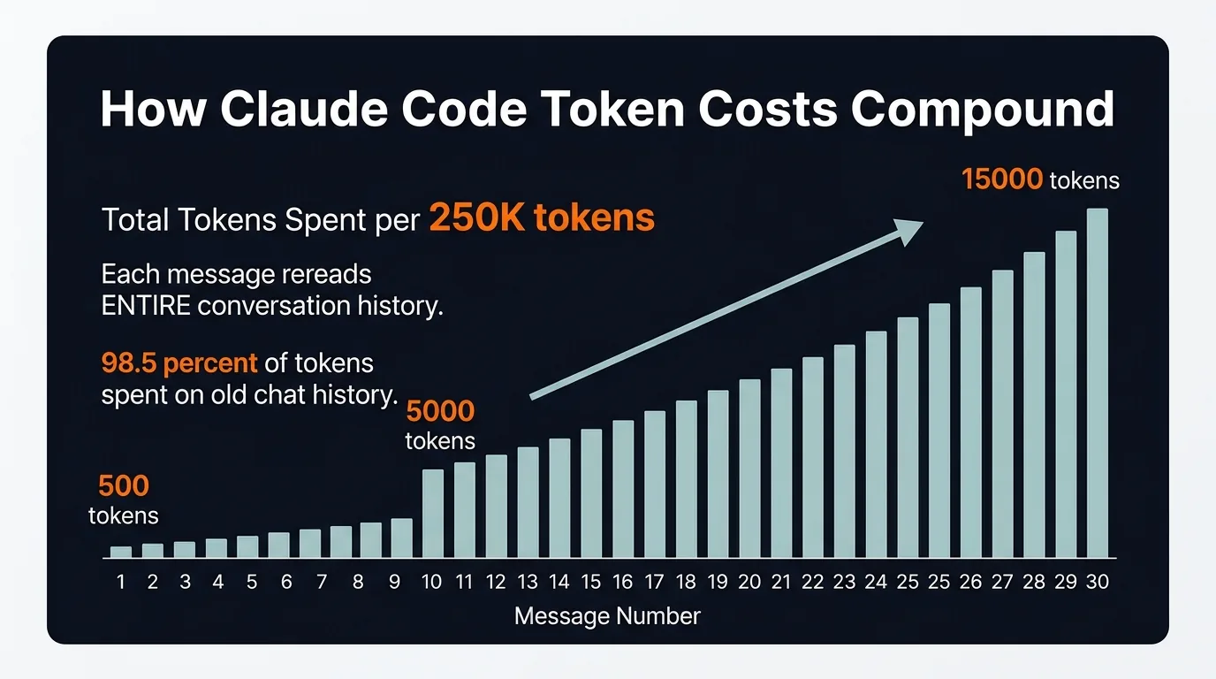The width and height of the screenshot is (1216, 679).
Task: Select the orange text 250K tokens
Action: [542, 217]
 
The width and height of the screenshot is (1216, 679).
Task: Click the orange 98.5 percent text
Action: [179, 362]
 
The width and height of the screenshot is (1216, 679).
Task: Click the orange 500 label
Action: [123, 485]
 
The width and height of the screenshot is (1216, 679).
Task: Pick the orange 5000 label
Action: [440, 411]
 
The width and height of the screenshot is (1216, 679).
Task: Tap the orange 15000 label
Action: [1002, 179]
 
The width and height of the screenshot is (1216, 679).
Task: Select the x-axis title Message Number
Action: [607, 615]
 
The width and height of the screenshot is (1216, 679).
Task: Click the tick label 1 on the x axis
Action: [121, 583]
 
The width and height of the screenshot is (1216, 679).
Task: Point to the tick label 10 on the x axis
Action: [433, 583]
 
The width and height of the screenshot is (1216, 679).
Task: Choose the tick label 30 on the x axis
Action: [1097, 583]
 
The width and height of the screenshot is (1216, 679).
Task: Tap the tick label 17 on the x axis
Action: [654, 583]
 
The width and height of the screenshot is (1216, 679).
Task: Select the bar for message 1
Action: [121, 552]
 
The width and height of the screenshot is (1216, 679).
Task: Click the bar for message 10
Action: [433, 514]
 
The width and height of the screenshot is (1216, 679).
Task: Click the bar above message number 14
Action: [559, 499]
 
